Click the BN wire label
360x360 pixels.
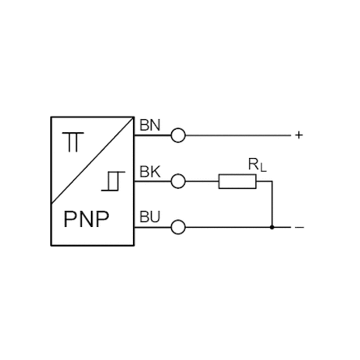[150, 125]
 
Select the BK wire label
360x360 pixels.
[150, 171]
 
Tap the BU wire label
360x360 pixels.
[150, 216]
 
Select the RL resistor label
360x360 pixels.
[257, 165]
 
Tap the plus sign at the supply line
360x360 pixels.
[298, 135]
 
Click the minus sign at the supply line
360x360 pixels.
[299, 227]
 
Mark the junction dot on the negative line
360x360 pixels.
[272, 227]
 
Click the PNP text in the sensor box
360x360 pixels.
[86, 219]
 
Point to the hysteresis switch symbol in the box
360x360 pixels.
[114, 181]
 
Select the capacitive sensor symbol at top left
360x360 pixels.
[73, 142]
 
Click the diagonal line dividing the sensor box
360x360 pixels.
[92, 161]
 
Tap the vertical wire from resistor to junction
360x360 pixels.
[272, 204]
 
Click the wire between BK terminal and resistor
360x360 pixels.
[202, 181]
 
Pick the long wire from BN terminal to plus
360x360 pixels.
[238, 135]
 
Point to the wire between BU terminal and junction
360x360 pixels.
[229, 227]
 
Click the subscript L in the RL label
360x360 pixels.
[264, 169]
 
